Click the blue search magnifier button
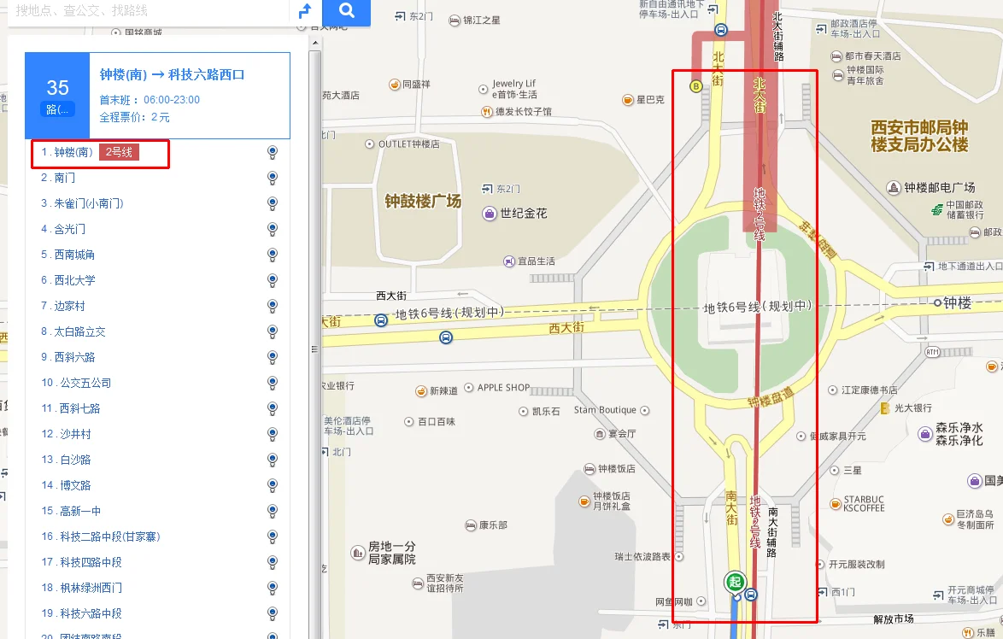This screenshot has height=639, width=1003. click(346, 11)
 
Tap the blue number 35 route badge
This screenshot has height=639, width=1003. click(57, 95)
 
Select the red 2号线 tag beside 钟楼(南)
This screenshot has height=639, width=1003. click(120, 153)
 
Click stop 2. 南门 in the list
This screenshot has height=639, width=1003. click(65, 178)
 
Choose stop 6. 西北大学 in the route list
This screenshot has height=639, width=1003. click(74, 280)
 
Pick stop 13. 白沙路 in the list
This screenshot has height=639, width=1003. click(74, 460)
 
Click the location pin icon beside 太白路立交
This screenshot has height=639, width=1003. click(272, 331)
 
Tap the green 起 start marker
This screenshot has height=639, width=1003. click(735, 582)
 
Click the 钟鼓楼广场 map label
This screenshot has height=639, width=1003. click(423, 202)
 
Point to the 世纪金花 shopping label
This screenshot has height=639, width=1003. click(523, 214)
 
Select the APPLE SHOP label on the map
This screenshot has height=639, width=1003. click(503, 388)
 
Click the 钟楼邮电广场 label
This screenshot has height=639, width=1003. click(939, 188)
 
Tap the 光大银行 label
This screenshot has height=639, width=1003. click(913, 408)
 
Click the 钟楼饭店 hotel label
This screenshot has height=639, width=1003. click(616, 469)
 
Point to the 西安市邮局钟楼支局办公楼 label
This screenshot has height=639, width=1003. click(919, 135)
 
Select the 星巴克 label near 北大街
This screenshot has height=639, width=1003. click(650, 100)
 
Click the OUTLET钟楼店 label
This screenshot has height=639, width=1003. click(408, 144)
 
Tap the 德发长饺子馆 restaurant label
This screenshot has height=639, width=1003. click(523, 112)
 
